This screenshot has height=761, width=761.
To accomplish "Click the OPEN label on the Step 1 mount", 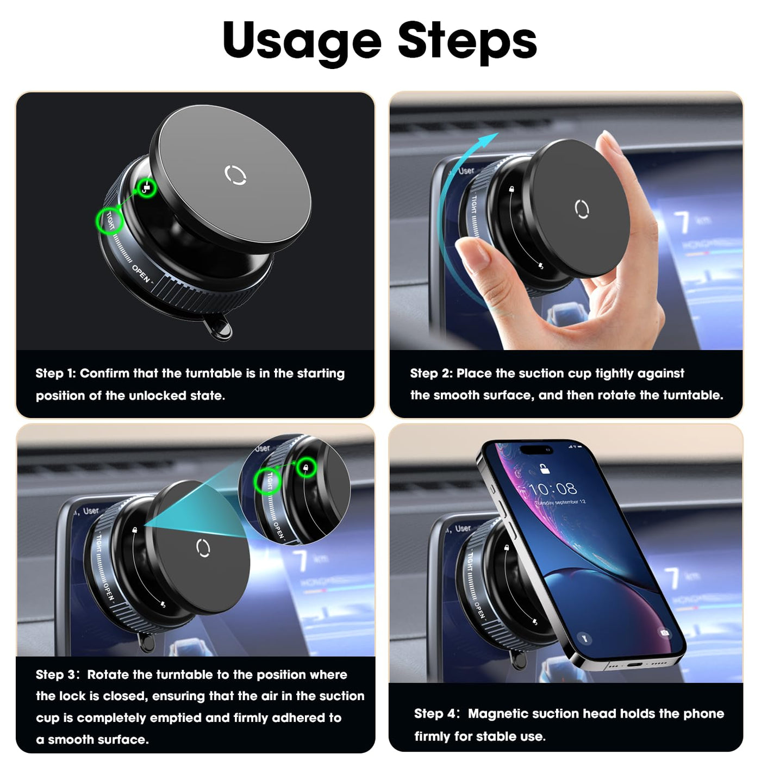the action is pos(141,273).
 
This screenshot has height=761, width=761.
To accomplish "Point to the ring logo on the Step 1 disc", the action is pos(235,175).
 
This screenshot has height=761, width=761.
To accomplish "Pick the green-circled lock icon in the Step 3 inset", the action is pos(306,467).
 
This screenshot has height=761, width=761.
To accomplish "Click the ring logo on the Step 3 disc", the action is pos(203,548).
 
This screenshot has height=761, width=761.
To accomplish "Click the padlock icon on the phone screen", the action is pos(545,469).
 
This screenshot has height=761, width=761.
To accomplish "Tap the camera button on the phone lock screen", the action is pos(665,633).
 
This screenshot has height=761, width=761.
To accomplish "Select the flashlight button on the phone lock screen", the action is pos(584,638).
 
